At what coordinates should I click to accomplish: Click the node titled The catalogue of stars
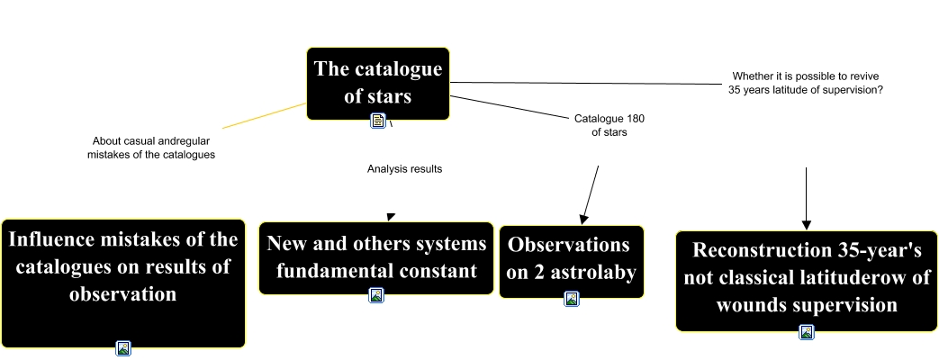(x=377, y=82)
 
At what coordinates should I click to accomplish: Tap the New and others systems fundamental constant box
(x=376, y=256)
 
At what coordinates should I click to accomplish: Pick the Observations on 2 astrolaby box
(x=571, y=258)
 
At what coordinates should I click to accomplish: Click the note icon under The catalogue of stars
(x=378, y=121)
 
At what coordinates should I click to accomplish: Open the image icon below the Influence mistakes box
(x=123, y=347)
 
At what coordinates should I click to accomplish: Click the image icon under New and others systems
(x=376, y=294)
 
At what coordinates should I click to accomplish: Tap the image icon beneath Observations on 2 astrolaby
(x=571, y=299)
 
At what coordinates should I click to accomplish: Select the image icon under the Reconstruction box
(x=807, y=331)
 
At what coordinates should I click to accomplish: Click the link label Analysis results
(x=405, y=168)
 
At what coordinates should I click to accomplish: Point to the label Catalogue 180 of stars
(x=609, y=125)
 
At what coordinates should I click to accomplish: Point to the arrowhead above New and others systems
(x=390, y=216)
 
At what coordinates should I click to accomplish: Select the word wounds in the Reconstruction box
(x=751, y=305)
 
